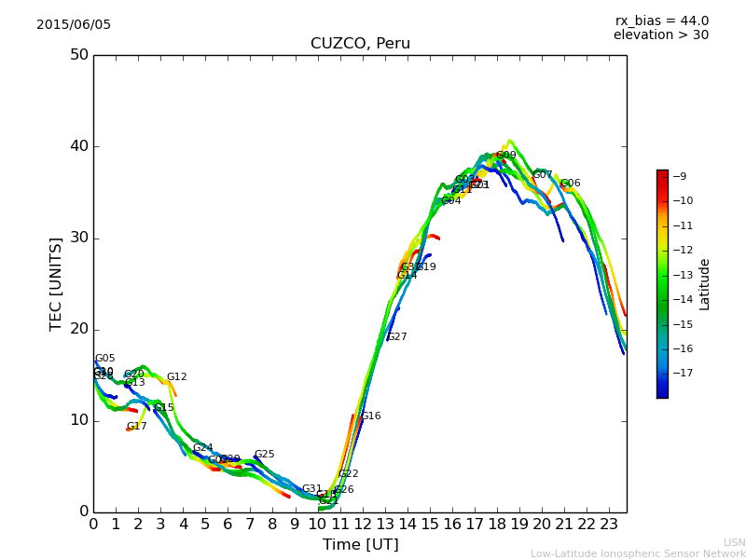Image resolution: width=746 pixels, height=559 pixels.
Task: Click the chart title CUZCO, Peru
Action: pos(360,44)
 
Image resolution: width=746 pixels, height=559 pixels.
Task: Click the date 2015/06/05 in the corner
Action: pos(74,24)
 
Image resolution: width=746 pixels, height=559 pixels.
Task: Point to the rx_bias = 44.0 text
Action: pos(661,20)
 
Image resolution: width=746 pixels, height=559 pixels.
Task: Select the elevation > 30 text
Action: pos(660,35)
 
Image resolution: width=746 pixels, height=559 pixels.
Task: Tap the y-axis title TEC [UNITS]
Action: pos(56,283)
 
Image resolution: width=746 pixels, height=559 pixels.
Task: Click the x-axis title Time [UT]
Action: pos(360,544)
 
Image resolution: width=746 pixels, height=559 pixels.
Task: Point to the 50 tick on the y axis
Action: pos(78,54)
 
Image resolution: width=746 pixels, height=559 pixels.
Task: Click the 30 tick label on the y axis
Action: pos(78,238)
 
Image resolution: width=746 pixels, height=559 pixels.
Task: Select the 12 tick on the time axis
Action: pos(363,524)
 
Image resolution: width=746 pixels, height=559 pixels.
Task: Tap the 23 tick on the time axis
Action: pos(609,524)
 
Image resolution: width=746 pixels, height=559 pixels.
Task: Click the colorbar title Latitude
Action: pos(705,283)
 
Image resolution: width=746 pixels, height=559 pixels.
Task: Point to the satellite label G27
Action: pos(397,337)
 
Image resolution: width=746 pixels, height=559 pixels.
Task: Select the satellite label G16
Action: pos(371,416)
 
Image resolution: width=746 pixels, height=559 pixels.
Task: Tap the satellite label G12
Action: pos(177,377)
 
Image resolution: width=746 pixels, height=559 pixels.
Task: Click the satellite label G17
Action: pos(137,427)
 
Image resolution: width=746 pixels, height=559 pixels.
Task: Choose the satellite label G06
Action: pos(571,184)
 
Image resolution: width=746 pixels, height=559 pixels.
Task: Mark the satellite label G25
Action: pos(265,455)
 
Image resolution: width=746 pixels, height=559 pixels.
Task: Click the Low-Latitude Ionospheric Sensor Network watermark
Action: pos(638,553)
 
